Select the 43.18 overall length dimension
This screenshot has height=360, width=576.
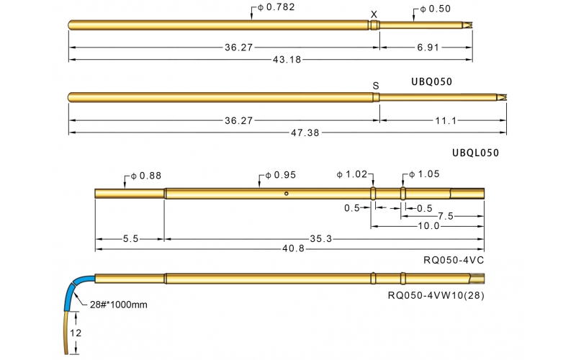287,59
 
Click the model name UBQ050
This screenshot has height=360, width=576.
432,81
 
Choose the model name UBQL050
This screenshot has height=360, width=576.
475,153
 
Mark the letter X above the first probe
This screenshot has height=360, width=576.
373,14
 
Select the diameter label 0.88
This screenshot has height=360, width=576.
145,175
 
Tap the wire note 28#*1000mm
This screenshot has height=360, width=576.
120,305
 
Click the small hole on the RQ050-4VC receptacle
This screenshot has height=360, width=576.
286,193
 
